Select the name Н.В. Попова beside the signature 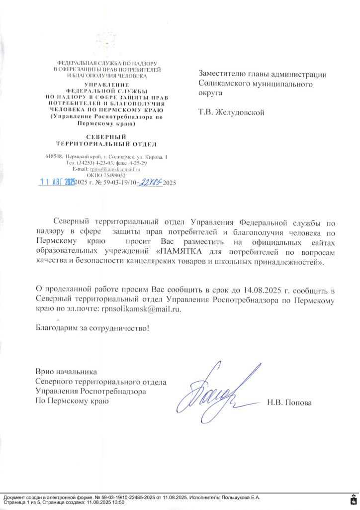(289, 403)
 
